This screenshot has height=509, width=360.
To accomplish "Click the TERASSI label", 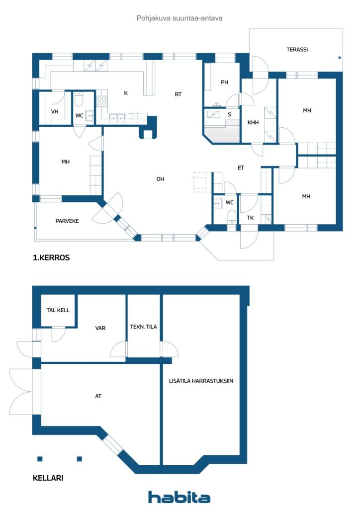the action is coord(297,50).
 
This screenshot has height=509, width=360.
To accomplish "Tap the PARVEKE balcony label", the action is coord(67,221).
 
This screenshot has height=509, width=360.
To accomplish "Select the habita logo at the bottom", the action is coord(179,497).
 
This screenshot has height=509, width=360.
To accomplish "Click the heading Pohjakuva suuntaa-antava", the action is coord(180,18).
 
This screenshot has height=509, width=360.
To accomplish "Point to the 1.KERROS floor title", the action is coord(51,258).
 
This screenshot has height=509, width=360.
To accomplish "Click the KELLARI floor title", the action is coord(48,478).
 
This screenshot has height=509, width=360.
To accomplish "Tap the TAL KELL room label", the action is coord(58,310).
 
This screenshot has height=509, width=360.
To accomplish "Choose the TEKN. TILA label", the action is coord(144,327).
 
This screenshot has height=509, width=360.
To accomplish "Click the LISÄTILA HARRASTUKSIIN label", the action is coord(201,381).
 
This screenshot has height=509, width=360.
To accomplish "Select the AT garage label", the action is coord(98,396).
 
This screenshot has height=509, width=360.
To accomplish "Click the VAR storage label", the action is coord(100,328).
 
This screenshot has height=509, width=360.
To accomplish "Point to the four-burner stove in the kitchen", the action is coord(101,101).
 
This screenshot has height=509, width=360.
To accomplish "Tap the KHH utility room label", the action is coord(253,123).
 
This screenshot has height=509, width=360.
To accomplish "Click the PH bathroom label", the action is coord(224,83).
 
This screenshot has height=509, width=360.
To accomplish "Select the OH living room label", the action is coord(161,179).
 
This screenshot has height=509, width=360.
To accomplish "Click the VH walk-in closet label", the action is coord(55,112).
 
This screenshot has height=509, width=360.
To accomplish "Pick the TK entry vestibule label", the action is coord(250,218).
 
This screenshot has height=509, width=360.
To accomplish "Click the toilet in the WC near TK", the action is coord(231,217).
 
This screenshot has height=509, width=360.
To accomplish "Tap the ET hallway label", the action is coord(241,168).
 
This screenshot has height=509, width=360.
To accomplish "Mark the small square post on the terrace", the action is coord(340,58).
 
